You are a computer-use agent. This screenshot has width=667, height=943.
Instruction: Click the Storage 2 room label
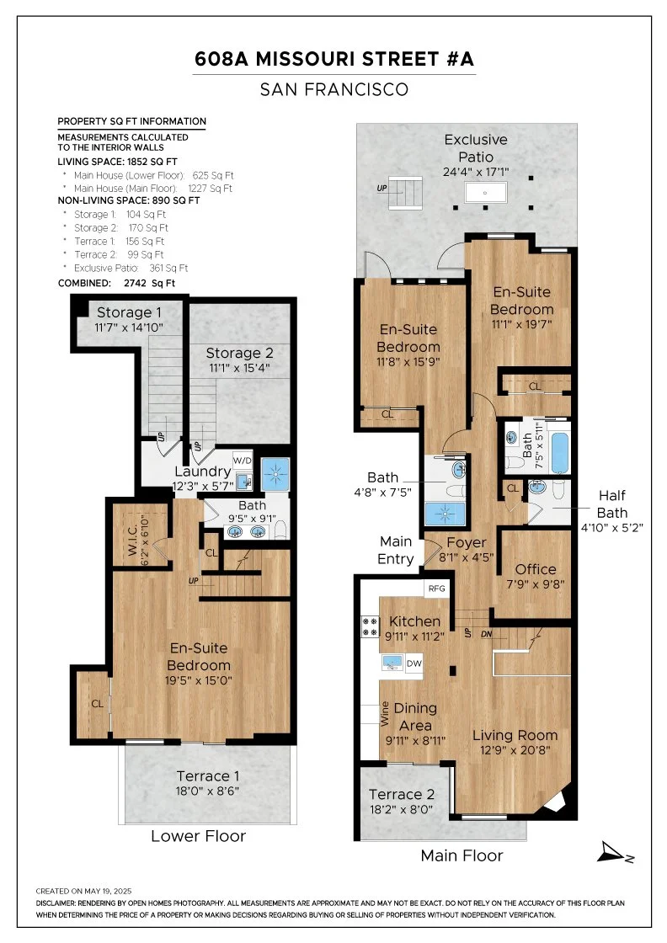(x=239, y=353)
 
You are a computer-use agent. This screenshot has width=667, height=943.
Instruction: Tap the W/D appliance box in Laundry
(x=243, y=461)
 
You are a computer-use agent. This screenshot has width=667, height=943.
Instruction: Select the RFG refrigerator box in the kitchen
(x=436, y=589)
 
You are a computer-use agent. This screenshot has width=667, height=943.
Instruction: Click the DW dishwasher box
(x=414, y=663)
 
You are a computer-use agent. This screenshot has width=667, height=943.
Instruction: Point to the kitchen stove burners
(x=370, y=626)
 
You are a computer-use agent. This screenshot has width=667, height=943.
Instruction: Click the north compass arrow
(x=613, y=852)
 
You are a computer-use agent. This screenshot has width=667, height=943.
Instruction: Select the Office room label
(x=536, y=569)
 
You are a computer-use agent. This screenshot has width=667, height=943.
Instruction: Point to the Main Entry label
(x=395, y=551)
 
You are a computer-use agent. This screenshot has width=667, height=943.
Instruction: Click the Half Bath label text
(x=611, y=504)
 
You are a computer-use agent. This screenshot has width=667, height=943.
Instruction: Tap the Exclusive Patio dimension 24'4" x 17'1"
(x=476, y=172)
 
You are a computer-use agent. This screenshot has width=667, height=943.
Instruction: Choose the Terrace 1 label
(x=207, y=775)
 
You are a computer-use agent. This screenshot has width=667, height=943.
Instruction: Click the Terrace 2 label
(x=401, y=795)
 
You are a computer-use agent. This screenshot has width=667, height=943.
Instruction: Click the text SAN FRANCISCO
(x=334, y=89)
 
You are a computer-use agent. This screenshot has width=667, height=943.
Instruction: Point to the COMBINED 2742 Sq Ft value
(x=149, y=283)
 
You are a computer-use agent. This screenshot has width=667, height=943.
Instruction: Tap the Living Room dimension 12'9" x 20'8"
(x=515, y=750)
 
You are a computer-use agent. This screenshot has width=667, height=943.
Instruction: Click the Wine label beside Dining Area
(x=385, y=713)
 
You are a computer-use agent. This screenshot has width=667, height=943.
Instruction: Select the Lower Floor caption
(x=199, y=836)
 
